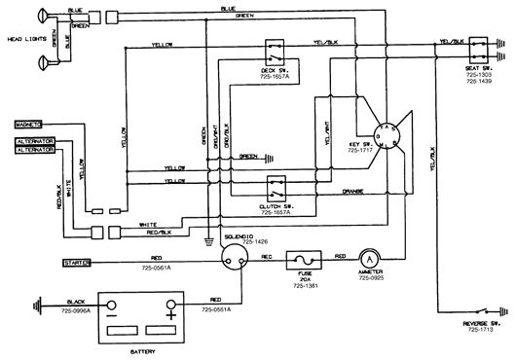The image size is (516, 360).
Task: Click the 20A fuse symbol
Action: (303, 260)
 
